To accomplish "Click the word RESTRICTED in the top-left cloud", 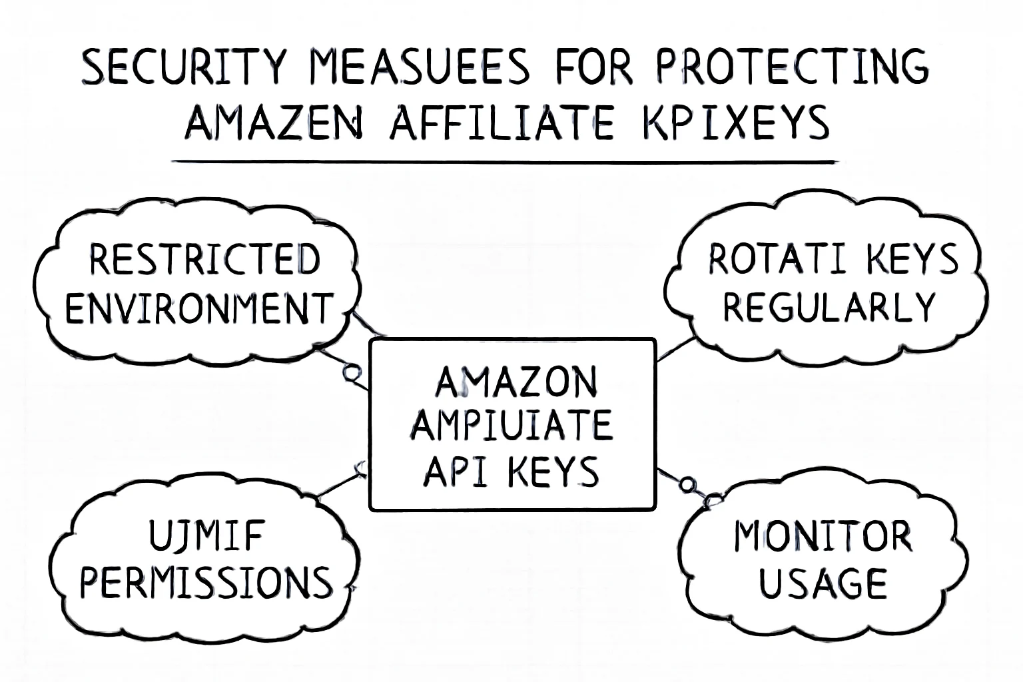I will coord(204,260).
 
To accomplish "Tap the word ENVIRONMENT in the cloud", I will coord(198,308).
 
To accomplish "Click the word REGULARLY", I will coord(830,308).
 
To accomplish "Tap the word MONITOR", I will coord(823,537).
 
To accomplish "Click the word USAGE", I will coord(823,583).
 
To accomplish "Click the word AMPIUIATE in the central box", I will coord(511,426).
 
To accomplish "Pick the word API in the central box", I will coord(453,471).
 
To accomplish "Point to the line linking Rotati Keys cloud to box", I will coord(676,349).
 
